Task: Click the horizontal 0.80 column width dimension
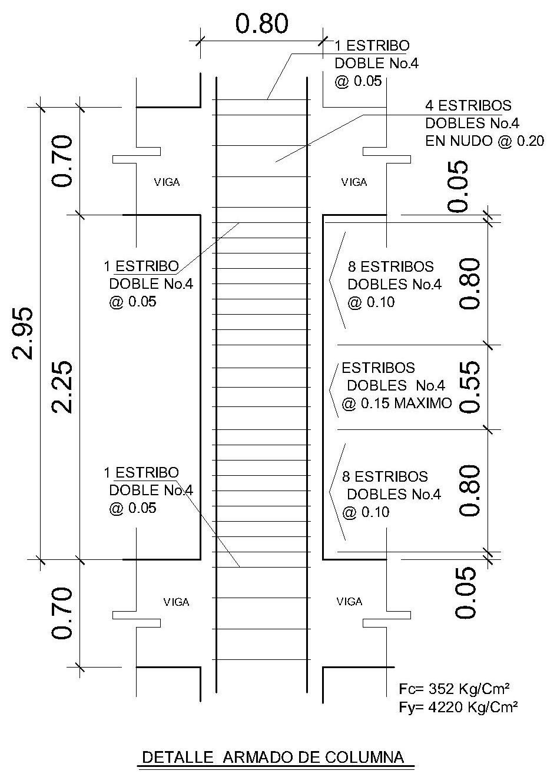[x=262, y=24]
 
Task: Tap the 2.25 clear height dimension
[x=62, y=386]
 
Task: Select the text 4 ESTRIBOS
[x=468, y=106]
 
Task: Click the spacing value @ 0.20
[x=521, y=141]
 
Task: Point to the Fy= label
[x=410, y=707]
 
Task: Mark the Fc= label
[x=410, y=689]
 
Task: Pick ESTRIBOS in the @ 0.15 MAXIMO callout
[x=378, y=368]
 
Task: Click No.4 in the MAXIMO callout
[x=430, y=386]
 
